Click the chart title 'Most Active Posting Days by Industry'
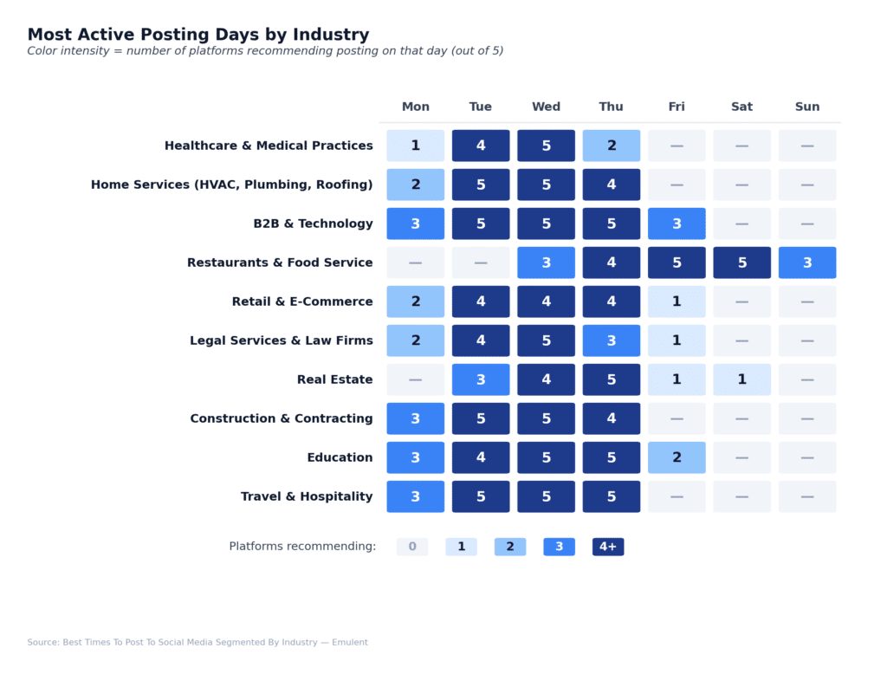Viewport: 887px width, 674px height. [198, 35]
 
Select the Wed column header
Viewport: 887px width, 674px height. [546, 107]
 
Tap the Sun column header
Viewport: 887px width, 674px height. [807, 107]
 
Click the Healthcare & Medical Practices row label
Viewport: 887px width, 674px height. [269, 146]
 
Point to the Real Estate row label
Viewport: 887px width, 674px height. [334, 379]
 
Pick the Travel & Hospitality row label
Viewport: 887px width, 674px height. [307, 496]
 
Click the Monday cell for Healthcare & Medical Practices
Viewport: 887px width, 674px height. [416, 146]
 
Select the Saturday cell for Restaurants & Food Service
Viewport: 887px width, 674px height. [741, 262]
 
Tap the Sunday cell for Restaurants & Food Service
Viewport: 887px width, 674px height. [807, 262]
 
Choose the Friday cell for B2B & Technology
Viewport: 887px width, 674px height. [677, 224]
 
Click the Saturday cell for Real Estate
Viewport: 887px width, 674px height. [741, 379]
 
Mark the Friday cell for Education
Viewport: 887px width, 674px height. [677, 457]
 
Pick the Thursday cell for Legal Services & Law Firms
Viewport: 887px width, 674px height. [611, 340]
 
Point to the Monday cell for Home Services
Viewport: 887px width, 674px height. [416, 185]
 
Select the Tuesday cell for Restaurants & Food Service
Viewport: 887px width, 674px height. [481, 262]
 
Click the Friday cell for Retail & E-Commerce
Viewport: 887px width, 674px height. [677, 301]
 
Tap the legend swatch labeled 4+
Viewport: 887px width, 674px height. [608, 547]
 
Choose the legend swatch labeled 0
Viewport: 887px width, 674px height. [412, 547]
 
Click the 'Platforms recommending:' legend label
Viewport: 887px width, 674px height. [302, 547]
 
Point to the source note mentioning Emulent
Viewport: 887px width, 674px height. [197, 642]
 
